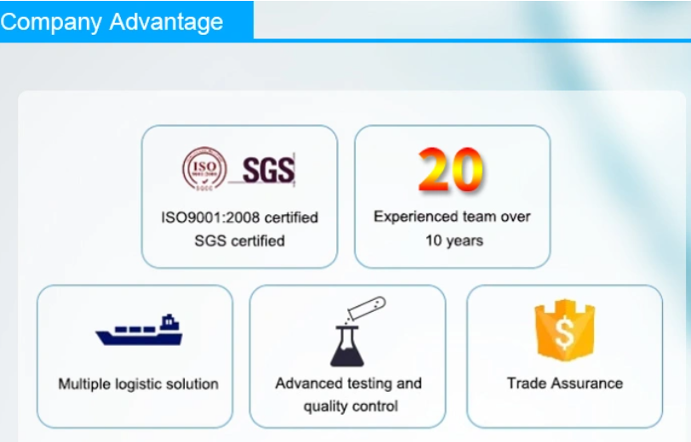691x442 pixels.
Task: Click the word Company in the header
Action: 51,22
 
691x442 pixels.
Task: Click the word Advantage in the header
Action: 166,22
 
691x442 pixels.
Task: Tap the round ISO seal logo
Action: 204,169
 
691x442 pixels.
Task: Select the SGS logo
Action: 268,170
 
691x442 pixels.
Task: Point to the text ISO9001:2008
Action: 210,218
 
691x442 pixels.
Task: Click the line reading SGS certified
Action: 240,241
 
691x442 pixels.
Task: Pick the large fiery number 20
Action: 450,169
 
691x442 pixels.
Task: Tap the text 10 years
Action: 454,241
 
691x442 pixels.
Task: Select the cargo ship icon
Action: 140,330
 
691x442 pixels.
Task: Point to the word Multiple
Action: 84,384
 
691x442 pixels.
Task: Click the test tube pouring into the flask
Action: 367,308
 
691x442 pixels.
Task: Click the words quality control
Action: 351,406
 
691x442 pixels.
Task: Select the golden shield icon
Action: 564,330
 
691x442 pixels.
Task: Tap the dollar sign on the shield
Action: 564,332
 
